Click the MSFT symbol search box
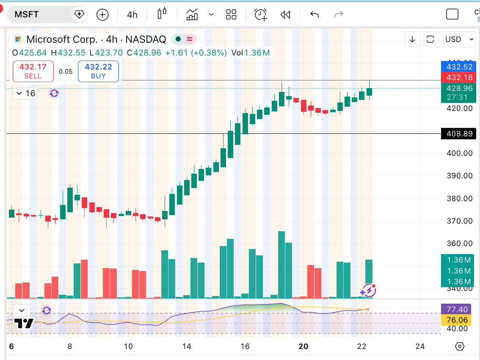pos(42,14)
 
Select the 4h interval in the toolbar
pos(132,15)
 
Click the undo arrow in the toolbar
pos(314,15)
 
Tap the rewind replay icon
pos(285,15)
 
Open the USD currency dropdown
pos(460,39)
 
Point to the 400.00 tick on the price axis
pos(460,153)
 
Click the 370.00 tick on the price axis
pos(460,221)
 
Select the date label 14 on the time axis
pos(187,346)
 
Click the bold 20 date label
pos(303,346)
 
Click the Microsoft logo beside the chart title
pos(18,39)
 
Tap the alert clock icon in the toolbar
pos(260,15)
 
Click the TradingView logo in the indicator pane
pos(24,324)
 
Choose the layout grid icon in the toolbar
pos(231,15)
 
